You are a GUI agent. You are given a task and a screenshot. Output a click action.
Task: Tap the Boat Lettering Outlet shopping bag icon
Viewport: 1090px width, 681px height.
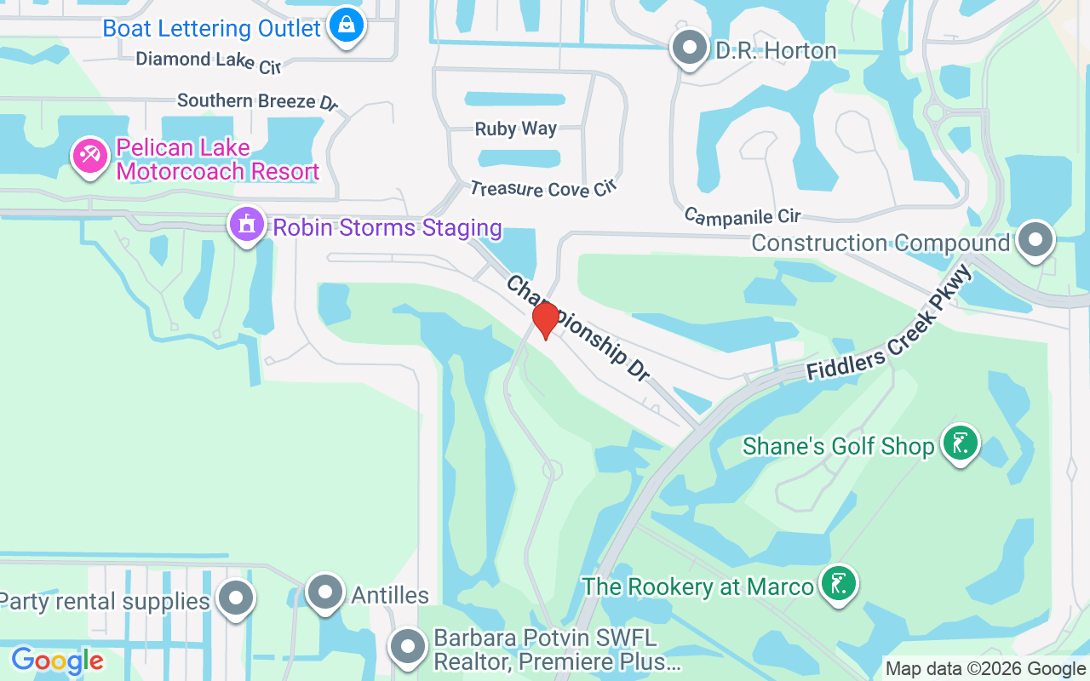[x=347, y=26]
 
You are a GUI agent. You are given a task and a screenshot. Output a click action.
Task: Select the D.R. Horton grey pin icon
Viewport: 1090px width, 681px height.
[x=690, y=49]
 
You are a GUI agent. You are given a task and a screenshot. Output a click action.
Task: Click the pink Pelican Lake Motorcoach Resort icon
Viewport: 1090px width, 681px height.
[x=89, y=155]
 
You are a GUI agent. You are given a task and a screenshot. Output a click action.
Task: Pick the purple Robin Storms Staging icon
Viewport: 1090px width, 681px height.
[x=247, y=226]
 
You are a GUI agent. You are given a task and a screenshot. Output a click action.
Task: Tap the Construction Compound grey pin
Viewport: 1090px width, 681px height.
[x=1035, y=240]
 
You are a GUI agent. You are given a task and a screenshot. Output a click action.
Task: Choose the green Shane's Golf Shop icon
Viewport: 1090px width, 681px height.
[x=961, y=444]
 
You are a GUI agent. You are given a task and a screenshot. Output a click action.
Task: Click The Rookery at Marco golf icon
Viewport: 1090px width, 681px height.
[x=838, y=584]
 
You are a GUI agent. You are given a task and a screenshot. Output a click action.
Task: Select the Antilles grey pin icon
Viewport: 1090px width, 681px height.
[x=324, y=592]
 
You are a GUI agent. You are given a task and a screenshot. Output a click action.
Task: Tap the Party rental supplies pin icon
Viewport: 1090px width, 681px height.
[x=235, y=599]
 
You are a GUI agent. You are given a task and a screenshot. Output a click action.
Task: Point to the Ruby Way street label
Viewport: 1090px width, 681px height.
[x=516, y=129]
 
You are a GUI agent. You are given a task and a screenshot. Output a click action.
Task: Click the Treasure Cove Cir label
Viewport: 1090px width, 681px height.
[x=543, y=188]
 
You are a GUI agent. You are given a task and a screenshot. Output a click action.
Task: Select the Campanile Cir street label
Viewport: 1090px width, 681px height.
[x=742, y=216]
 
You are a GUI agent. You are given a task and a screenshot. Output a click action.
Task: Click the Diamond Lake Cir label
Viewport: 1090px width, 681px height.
[x=209, y=60]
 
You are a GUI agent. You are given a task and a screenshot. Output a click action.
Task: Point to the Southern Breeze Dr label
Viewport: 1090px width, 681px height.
[x=257, y=101]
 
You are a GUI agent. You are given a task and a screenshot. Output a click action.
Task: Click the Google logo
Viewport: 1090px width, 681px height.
[x=57, y=660]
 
